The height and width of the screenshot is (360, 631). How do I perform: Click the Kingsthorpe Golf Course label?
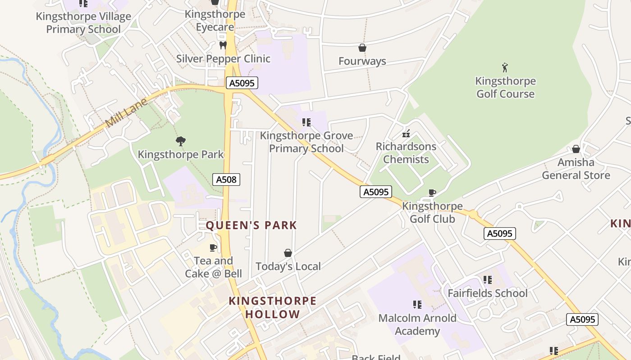click(x=505, y=87)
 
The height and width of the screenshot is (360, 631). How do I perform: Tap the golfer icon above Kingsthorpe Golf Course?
click(x=505, y=68)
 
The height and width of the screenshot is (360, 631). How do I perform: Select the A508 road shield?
click(x=226, y=180)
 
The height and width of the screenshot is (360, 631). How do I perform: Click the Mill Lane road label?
click(x=126, y=113)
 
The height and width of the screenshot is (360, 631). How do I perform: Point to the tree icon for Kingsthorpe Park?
click(x=181, y=141)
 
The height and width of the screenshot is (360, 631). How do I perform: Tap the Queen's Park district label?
click(x=251, y=225)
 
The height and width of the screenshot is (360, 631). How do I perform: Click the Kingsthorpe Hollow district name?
click(x=272, y=307)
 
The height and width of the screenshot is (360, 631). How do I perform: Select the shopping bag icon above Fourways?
click(x=362, y=48)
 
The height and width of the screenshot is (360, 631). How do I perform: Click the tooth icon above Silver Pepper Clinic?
click(x=223, y=45)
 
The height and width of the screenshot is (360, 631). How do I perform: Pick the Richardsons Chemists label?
click(x=406, y=153)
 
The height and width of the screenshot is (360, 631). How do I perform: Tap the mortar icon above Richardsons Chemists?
click(x=406, y=133)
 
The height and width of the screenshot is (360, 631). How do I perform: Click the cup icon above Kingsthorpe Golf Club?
click(x=432, y=193)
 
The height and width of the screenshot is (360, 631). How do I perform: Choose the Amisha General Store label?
click(x=576, y=169)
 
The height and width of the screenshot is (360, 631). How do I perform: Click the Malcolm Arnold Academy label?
click(x=417, y=324)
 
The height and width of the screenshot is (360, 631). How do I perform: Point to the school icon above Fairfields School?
click(x=487, y=280)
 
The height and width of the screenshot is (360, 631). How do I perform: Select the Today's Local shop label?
click(x=288, y=266)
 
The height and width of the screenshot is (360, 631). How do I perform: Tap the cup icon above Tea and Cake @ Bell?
click(x=213, y=247)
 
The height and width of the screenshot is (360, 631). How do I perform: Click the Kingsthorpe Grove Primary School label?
click(x=306, y=142)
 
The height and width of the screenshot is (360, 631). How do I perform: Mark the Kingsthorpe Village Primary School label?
click(x=83, y=23)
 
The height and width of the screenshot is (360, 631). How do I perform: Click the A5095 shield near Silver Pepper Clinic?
click(x=242, y=83)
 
